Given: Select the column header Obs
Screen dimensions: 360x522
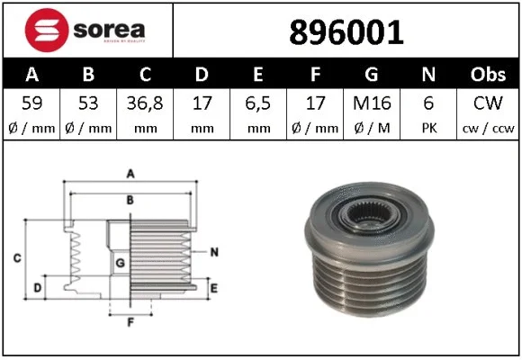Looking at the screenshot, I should click(490, 74).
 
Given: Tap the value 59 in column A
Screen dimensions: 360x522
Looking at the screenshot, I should click(31, 105).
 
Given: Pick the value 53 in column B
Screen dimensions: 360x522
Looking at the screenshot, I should click(88, 105).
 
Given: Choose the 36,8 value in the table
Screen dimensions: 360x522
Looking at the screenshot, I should click(144, 105).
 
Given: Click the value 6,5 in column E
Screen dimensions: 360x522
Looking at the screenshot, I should click(258, 105).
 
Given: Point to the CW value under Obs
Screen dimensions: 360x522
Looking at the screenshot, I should click(490, 105).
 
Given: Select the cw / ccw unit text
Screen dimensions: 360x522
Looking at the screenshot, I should click(490, 128).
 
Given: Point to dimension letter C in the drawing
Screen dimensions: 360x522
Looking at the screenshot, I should click(17, 259).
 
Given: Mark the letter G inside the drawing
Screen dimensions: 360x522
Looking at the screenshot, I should click(120, 263).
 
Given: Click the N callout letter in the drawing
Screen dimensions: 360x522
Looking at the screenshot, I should click(214, 251).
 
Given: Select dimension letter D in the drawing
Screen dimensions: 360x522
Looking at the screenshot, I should click(37, 287).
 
